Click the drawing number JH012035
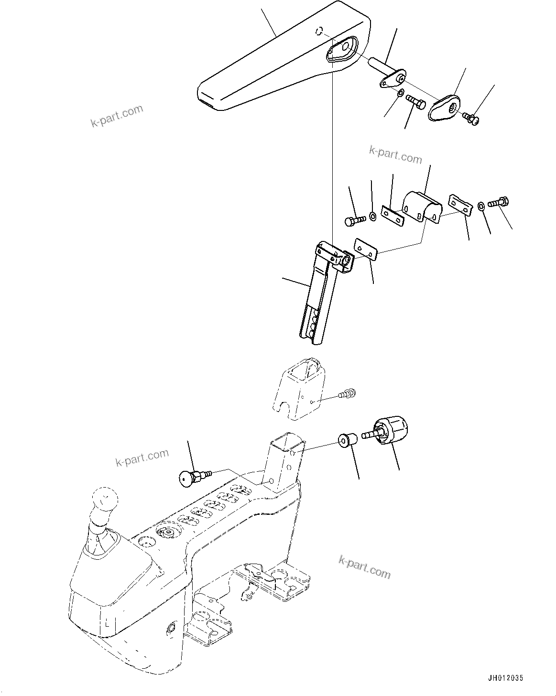coord(506,678)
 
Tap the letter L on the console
coord(108,623)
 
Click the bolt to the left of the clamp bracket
coord(354,220)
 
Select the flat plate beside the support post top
coord(366,250)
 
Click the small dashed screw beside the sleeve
coord(346,394)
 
